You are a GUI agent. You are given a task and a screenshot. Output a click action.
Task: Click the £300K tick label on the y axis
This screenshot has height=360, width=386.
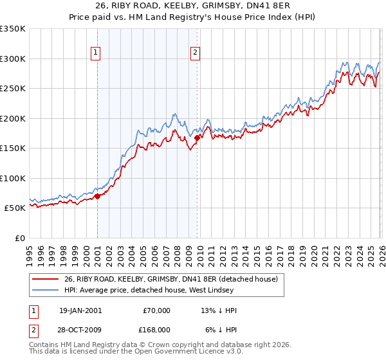(x=13, y=59)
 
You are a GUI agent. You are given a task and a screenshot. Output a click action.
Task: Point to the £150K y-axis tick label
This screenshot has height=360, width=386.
(x=13, y=148)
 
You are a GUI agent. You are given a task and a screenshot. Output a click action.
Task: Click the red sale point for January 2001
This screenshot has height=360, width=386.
(x=97, y=196)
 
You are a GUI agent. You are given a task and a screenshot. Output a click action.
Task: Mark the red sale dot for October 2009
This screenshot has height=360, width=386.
(x=197, y=137)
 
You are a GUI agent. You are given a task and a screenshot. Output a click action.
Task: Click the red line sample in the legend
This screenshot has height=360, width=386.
(x=46, y=280)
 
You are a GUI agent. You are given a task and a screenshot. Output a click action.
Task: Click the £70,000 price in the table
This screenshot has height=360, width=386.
(x=156, y=310)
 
